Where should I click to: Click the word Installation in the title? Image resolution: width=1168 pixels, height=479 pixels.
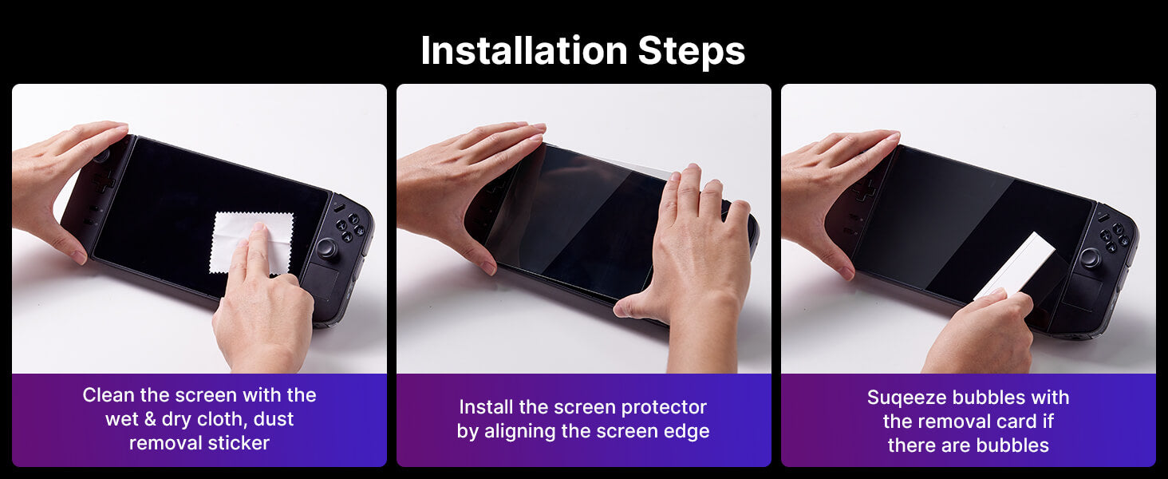524,50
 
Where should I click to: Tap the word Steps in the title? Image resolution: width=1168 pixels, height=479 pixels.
692,52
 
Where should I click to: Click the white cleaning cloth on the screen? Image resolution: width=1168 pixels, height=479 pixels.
251,243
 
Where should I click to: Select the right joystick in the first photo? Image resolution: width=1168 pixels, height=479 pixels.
327,248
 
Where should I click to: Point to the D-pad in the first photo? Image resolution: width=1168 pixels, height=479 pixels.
103,182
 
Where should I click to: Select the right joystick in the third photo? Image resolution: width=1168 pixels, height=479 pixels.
1090,258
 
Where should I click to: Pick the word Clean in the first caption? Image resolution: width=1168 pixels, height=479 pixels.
109,395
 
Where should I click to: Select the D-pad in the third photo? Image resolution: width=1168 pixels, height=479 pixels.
864,190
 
